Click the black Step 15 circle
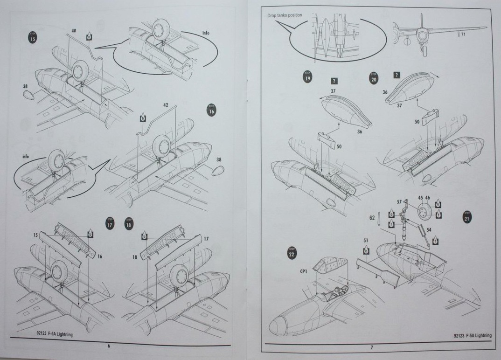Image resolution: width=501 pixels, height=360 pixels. (x=33, y=37)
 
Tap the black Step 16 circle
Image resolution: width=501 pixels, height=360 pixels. (x=211, y=111)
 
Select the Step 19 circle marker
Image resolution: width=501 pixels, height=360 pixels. (x=307, y=77)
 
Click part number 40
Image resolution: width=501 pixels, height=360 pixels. (x=74, y=31)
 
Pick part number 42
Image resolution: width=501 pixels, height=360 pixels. (x=165, y=105)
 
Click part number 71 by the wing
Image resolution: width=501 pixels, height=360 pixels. (x=463, y=35)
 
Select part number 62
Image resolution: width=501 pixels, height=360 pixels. (x=372, y=217)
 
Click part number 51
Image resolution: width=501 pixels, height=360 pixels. (x=366, y=241)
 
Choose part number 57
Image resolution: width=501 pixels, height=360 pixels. (x=399, y=202)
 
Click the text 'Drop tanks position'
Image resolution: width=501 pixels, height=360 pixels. (x=285, y=15)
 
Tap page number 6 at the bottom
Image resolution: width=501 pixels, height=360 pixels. (x=109, y=346)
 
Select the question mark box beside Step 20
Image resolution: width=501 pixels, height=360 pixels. (x=397, y=75)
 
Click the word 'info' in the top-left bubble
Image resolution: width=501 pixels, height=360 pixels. (x=206, y=34)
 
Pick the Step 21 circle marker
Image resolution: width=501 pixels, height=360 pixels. (x=467, y=216)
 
